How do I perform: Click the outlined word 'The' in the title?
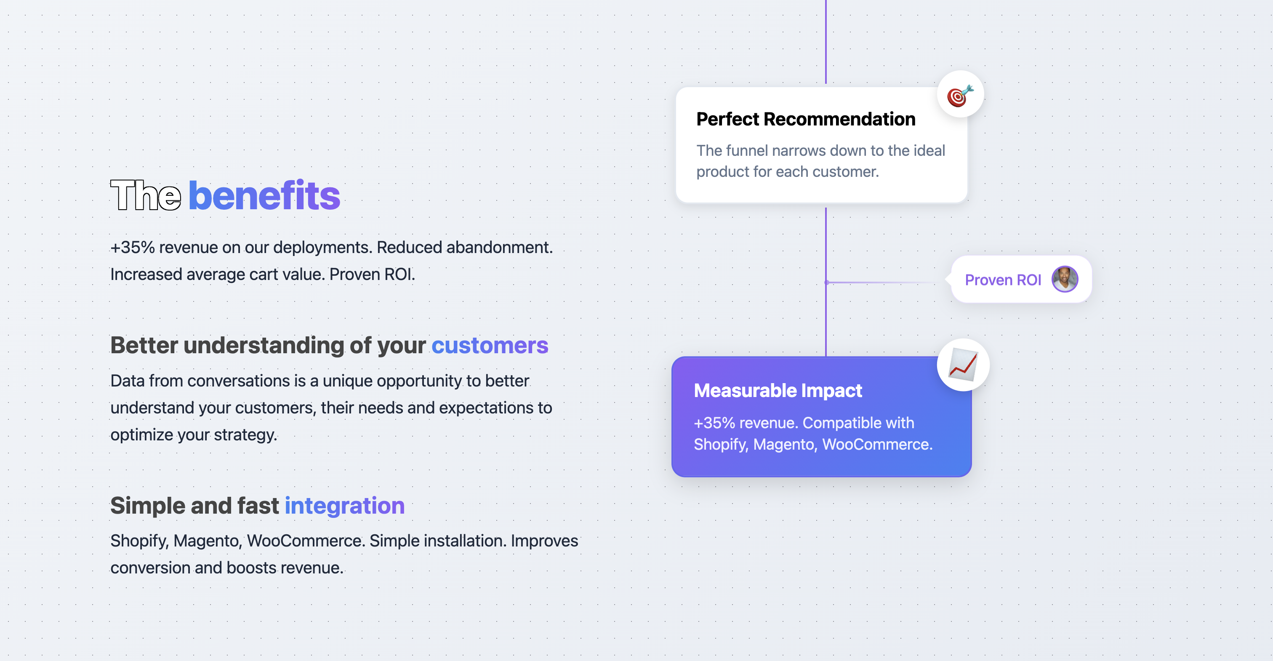[x=146, y=195]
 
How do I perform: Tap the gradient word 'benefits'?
[x=264, y=195]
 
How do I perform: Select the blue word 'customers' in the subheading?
[x=490, y=345]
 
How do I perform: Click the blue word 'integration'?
[x=344, y=506]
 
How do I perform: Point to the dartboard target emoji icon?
[x=960, y=95]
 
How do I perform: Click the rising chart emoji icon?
[x=963, y=365]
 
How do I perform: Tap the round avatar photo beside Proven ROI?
[x=1065, y=279]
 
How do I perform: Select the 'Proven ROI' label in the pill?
[x=1003, y=280]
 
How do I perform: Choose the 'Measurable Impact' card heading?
[x=778, y=391]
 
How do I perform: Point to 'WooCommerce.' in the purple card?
[x=877, y=445]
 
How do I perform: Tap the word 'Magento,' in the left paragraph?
[x=208, y=541]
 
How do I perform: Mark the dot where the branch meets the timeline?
[x=826, y=283]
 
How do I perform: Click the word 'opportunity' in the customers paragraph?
[x=419, y=381]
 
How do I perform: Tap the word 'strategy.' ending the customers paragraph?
[x=245, y=434]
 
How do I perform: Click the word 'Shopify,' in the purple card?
[x=721, y=445]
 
